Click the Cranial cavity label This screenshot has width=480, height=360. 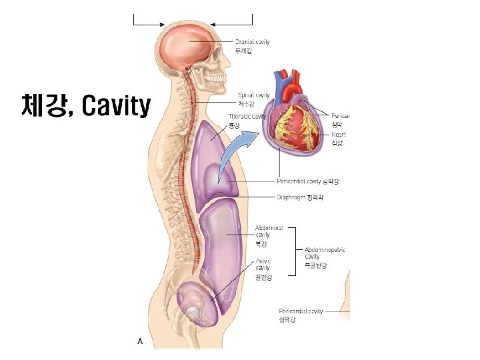[x=253, y=45]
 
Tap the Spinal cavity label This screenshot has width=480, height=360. [x=254, y=99]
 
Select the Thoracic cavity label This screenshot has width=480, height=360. [x=247, y=120]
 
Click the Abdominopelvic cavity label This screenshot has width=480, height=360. [x=325, y=257]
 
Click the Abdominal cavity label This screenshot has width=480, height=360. [x=269, y=235]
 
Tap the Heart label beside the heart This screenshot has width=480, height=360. [x=339, y=138]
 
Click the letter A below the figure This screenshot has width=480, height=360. [x=140, y=341]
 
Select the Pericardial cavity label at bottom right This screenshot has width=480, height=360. [x=301, y=315]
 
